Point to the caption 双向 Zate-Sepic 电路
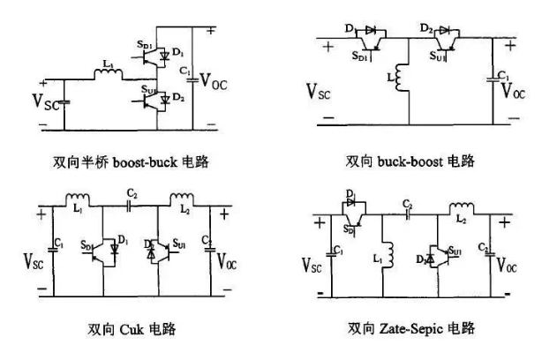tap(412, 328)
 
